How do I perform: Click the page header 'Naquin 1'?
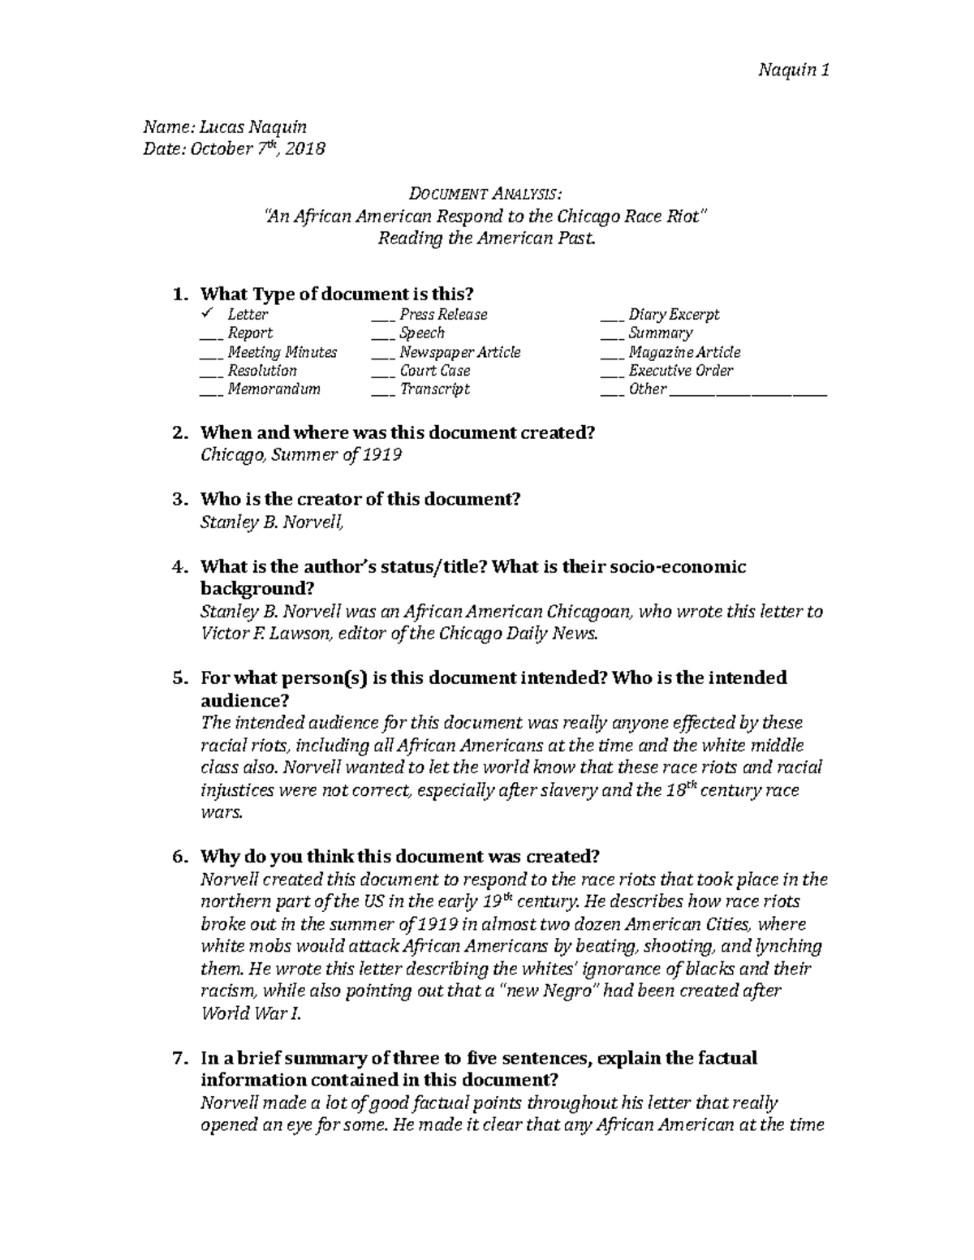click(792, 71)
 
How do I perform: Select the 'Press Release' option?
click(442, 315)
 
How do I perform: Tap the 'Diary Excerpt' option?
click(673, 315)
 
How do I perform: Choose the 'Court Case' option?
click(434, 371)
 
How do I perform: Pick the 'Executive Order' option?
click(680, 371)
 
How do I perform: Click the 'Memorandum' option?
click(274, 389)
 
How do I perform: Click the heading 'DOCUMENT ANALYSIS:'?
click(485, 195)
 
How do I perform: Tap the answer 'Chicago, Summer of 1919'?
click(301, 455)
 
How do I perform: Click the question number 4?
click(180, 566)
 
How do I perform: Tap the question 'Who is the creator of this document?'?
click(360, 500)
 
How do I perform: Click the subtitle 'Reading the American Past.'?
click(486, 239)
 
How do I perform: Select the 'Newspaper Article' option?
click(459, 352)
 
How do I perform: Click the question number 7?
click(180, 1058)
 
